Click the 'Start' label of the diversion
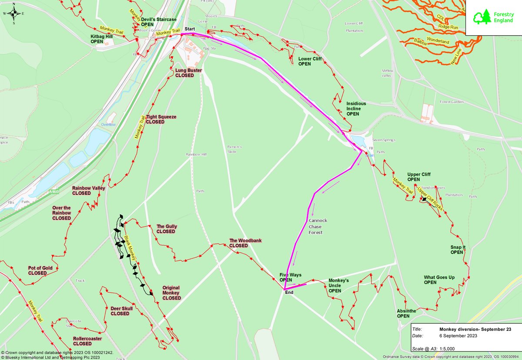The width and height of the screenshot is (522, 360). point(190,29)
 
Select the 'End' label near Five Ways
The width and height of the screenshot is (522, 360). point(289,293)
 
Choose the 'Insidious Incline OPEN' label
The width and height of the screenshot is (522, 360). point(356,109)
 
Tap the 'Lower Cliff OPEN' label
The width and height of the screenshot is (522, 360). point(310,61)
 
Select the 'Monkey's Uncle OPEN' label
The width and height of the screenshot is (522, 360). point(338,286)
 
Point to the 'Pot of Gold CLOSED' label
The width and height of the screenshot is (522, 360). point(40,270)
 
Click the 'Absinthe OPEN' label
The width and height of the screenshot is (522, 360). point(406,313)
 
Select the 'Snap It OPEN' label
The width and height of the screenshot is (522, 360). point(458,250)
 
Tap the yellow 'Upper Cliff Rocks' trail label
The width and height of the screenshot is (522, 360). point(430,200)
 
